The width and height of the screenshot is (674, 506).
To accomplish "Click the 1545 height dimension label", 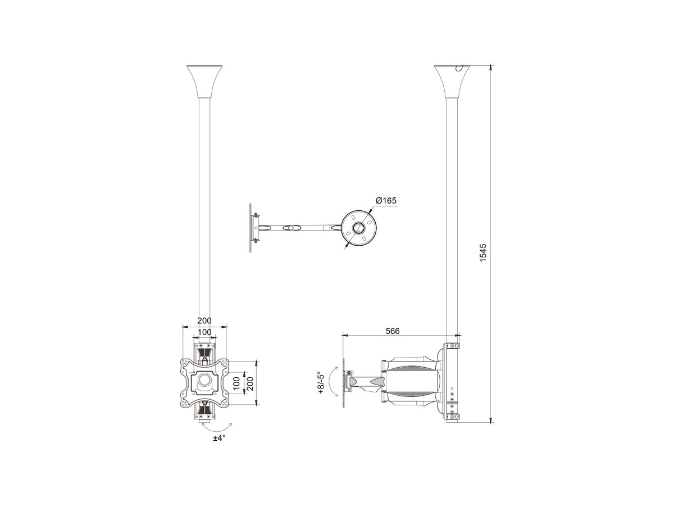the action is click(483, 252).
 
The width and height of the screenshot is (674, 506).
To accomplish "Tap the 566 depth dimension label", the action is click(393, 331).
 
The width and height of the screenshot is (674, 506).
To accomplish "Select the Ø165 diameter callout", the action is click(386, 201).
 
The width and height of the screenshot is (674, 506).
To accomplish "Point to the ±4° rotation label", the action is click(219, 438).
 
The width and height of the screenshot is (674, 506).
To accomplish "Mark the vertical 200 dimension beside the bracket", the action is click(251, 383).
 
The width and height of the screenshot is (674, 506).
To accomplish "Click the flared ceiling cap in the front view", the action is click(204, 82).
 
